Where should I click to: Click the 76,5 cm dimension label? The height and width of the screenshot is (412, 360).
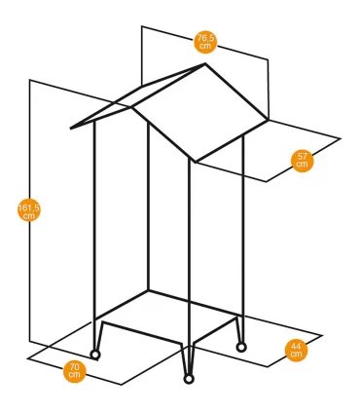[x=205, y=42]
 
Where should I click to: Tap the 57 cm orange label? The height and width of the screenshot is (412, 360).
[x=303, y=161]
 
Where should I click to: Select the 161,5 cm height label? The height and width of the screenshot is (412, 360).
[x=29, y=210]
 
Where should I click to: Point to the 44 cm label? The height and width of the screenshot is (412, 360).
[x=296, y=351]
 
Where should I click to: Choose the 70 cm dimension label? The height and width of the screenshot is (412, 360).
[x=75, y=371]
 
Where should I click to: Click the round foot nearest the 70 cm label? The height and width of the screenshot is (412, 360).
[x=95, y=355]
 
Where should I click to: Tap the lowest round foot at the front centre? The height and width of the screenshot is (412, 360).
[x=189, y=379]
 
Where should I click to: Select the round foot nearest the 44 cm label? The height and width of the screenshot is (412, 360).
[x=241, y=348]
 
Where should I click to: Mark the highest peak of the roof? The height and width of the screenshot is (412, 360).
[x=205, y=64]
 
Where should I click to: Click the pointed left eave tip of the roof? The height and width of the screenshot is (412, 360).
[x=71, y=129]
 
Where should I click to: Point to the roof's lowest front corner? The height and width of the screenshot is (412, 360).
[x=195, y=162]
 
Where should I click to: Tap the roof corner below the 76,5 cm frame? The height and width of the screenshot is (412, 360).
[x=268, y=120]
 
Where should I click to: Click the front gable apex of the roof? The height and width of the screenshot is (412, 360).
[x=131, y=106]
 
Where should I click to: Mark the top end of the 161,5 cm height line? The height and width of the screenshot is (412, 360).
[x=30, y=80]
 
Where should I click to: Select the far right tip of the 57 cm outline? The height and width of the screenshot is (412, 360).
[x=341, y=138]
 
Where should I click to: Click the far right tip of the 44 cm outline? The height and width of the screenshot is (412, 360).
[x=322, y=335]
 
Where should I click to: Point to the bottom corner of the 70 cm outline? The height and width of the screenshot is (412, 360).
[x=122, y=385]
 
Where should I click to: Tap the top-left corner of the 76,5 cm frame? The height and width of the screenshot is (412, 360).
[x=142, y=26]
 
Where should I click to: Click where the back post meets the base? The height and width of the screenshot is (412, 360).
[x=148, y=290]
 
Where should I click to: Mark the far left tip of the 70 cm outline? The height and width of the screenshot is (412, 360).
[x=28, y=358]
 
